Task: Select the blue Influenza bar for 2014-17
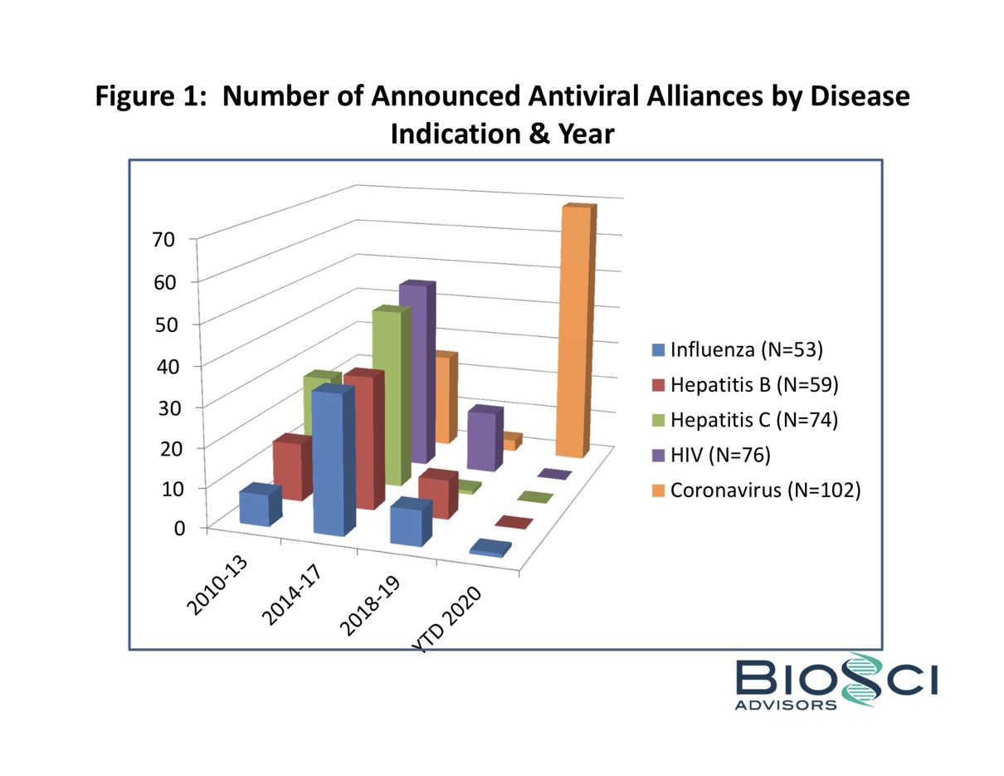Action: click(332, 465)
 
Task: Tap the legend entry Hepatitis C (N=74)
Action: click(753, 420)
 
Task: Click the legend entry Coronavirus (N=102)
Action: click(763, 490)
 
